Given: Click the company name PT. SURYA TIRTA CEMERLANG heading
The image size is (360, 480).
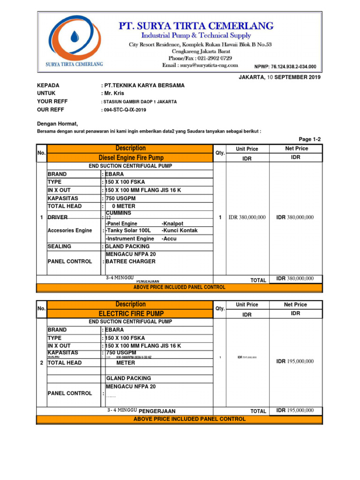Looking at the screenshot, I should coord(203,25).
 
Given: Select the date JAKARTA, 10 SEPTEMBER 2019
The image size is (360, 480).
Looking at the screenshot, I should coord(280,77).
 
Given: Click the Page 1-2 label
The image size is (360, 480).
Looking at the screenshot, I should coord(310,140).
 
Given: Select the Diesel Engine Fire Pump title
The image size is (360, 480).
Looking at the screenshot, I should coord(131,158).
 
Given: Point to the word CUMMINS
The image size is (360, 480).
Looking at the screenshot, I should coord(119,213).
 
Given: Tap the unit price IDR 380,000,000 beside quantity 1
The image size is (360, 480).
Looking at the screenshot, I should coord(247,217).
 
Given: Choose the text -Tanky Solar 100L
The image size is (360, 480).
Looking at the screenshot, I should coord(128,231).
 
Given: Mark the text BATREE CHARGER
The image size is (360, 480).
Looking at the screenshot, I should coord(130,262).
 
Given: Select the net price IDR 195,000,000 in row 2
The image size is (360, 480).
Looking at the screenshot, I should coord(295,361).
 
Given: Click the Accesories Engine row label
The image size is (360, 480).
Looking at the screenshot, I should coord(70,231).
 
